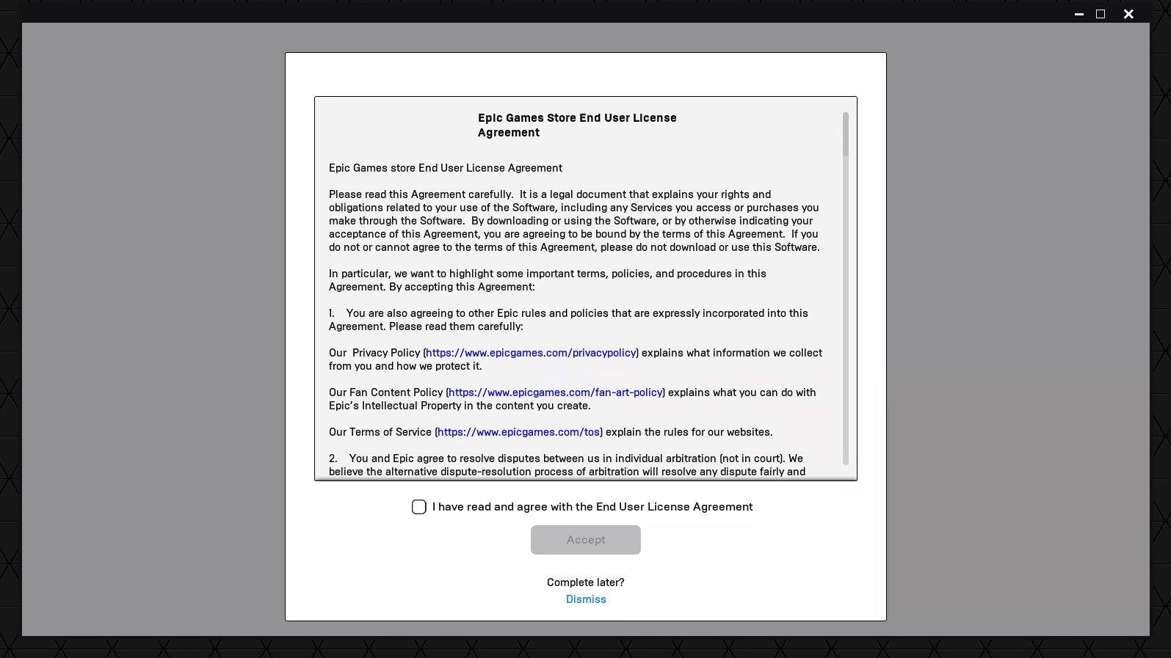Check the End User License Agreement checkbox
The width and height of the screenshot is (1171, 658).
tap(419, 507)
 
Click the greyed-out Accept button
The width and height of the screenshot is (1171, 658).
tap(585, 540)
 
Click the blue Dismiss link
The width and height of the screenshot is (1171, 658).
tap(586, 599)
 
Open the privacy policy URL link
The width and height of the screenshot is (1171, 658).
tap(531, 353)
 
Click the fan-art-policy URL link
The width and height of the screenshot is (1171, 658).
tap(555, 392)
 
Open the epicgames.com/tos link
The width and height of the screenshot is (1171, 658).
tap(518, 432)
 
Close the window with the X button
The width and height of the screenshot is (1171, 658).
tap(1128, 14)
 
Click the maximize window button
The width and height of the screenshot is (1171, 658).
tap(1101, 14)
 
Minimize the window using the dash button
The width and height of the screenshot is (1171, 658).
tap(1078, 14)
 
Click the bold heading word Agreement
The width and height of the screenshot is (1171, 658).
tap(508, 133)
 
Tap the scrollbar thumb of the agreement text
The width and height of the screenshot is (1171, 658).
tap(846, 134)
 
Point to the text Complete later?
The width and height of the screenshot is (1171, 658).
tap(585, 582)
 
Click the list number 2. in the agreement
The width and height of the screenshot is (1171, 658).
tap(333, 458)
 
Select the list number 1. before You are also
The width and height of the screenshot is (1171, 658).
tap(332, 313)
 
